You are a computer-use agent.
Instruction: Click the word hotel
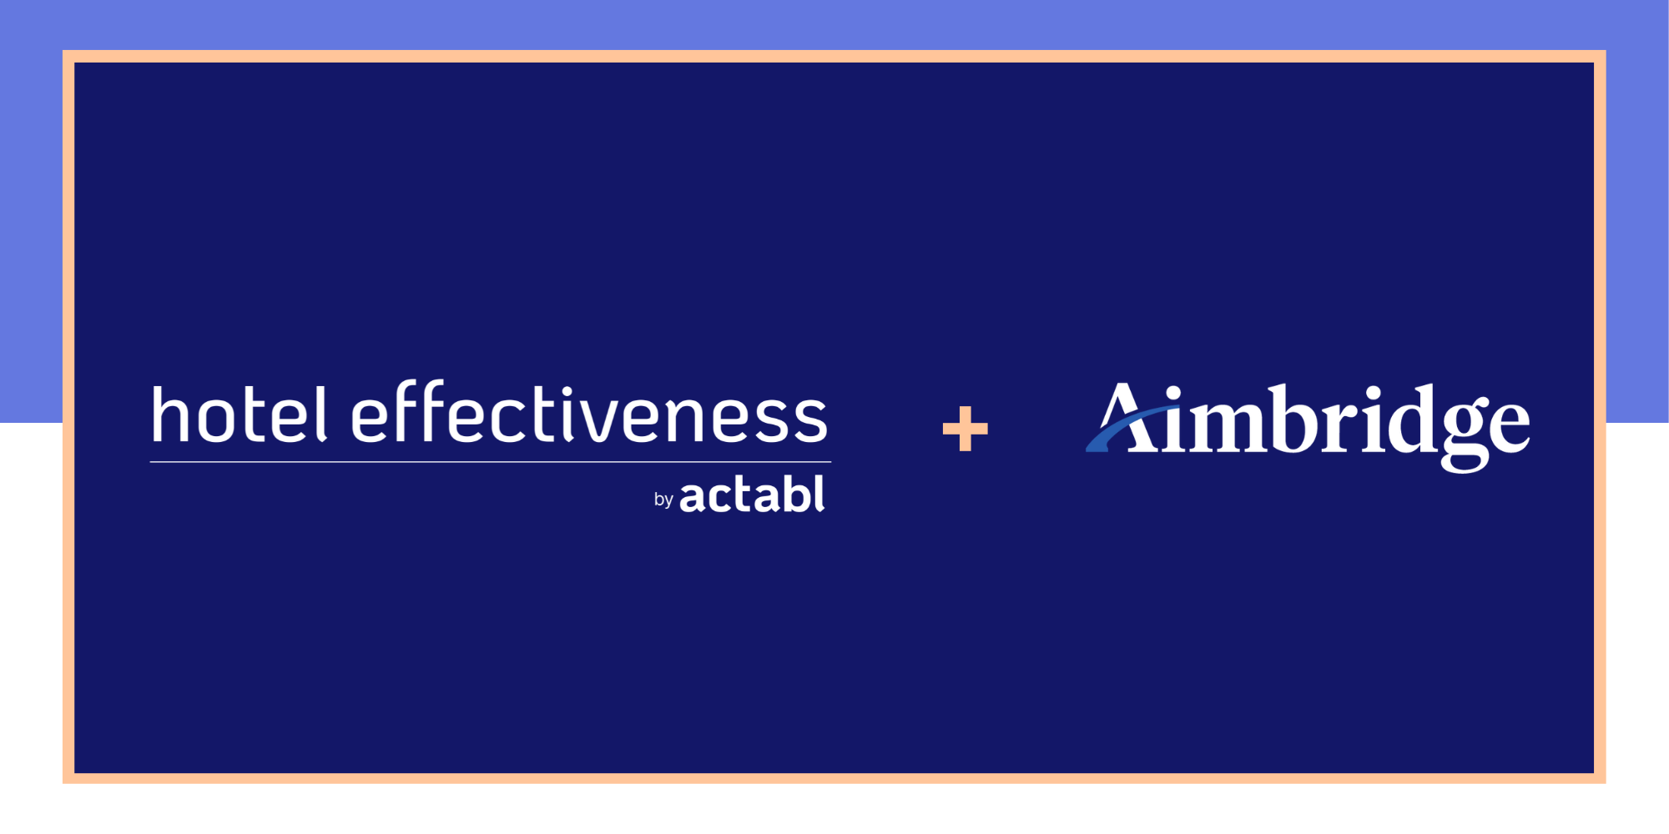coord(239,414)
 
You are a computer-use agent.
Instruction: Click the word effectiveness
coord(589,414)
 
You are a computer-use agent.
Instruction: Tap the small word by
coord(663,500)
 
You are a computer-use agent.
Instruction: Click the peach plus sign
coord(965,429)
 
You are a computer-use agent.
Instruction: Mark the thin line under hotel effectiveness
coord(491,461)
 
